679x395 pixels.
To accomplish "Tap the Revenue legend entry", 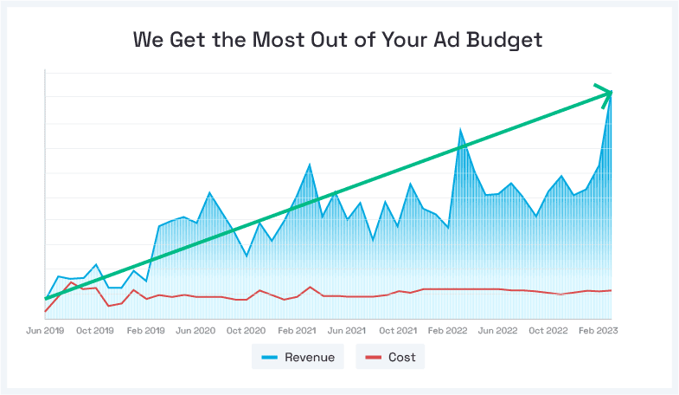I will [298, 357].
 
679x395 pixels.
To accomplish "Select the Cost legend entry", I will [390, 357].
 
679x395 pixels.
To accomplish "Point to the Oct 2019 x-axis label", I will [95, 331].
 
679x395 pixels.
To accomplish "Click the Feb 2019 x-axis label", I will [145, 331].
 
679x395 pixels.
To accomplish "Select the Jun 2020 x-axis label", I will [195, 331].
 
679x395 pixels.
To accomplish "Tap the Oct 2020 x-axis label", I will [246, 331].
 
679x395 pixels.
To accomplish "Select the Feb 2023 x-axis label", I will [598, 331].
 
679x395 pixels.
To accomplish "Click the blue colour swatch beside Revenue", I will [268, 357].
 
